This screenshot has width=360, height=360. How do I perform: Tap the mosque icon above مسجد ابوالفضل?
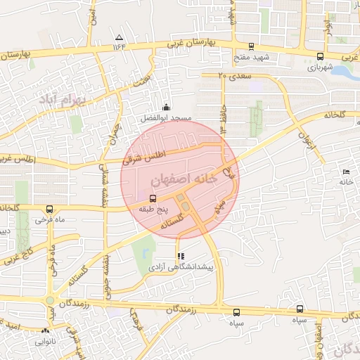point(166,107)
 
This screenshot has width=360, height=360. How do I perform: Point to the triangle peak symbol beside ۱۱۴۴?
point(119,37)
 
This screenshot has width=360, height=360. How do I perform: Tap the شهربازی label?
point(320,69)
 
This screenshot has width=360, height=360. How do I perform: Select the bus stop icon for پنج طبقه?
point(153,199)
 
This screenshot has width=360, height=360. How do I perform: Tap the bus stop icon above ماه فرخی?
point(49,209)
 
